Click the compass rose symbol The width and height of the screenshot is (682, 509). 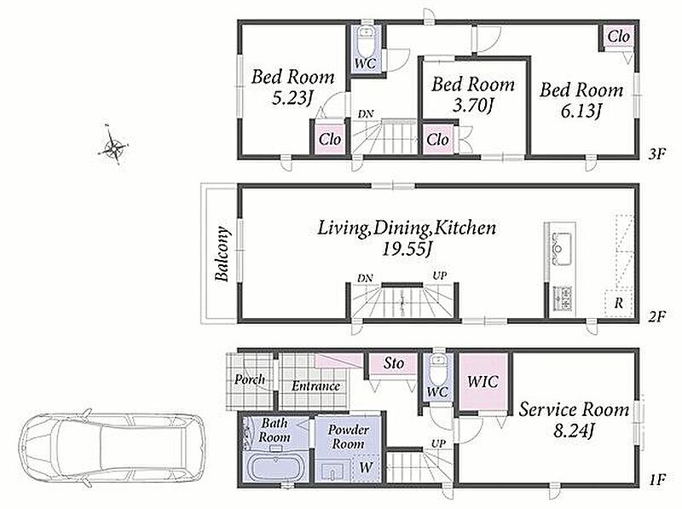[x=113, y=145]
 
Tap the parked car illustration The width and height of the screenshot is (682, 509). [x=112, y=448]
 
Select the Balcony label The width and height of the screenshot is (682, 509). [x=222, y=254]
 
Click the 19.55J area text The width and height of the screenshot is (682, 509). [x=407, y=249]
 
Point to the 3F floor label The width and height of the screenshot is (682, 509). [x=656, y=153]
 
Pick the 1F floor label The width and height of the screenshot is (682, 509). [x=656, y=480]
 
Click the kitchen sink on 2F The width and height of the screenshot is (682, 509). [x=562, y=248]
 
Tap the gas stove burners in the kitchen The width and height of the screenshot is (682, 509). [x=562, y=298]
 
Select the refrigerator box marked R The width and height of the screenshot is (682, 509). [x=618, y=303]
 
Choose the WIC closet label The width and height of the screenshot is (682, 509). [x=483, y=381]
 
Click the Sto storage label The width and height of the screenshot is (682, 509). [x=394, y=363]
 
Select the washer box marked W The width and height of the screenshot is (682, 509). [x=367, y=468]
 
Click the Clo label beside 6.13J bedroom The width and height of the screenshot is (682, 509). [x=619, y=36]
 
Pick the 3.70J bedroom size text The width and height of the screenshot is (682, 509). [x=472, y=105]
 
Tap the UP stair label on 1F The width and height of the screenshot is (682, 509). [x=438, y=443]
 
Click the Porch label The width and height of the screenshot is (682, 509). [x=249, y=380]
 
